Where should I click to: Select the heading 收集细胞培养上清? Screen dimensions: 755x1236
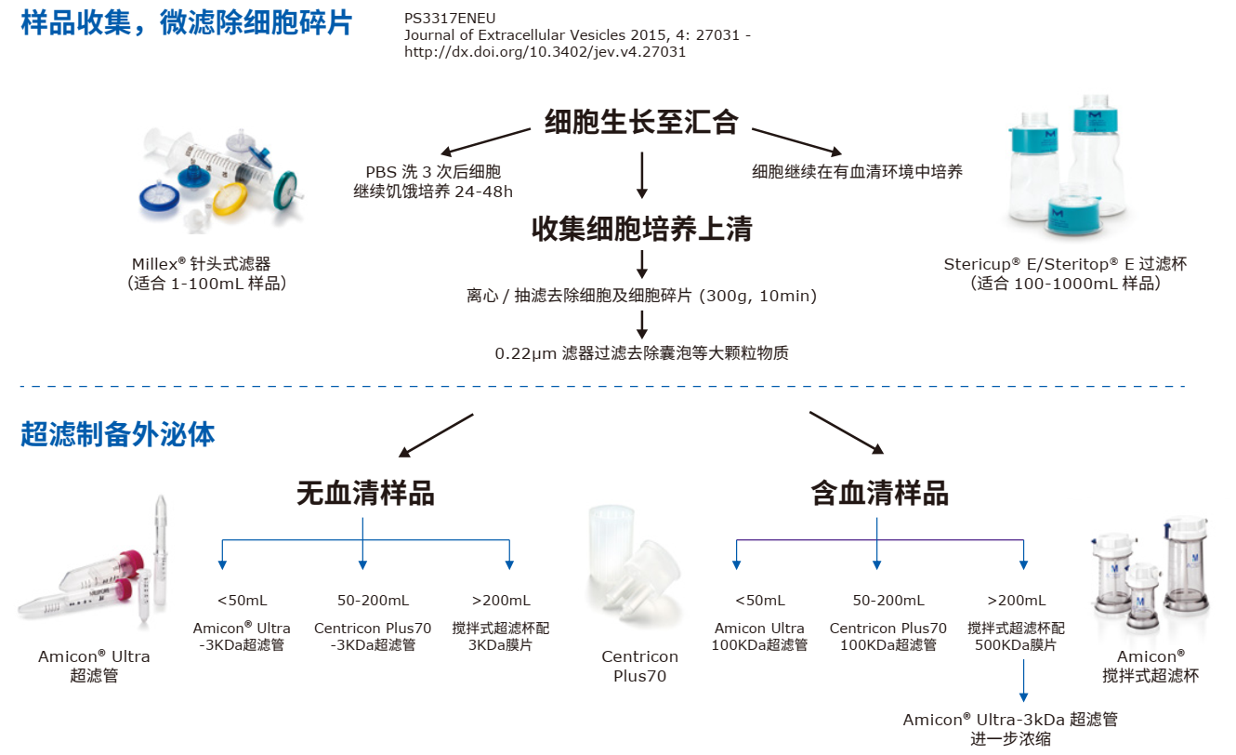[641, 230]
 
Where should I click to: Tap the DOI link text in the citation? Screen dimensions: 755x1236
[545, 52]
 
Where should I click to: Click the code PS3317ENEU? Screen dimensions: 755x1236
[450, 18]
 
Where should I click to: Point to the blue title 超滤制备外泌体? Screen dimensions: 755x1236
[118, 434]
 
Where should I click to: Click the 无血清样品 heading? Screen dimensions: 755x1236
[365, 494]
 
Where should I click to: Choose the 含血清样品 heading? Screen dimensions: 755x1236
[879, 494]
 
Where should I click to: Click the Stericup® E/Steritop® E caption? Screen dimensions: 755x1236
[1065, 264]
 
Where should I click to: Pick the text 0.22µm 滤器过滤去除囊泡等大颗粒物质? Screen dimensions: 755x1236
[641, 353]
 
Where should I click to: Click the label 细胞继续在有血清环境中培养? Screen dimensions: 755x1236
[857, 172]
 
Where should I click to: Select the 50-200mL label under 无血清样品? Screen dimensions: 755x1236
[365, 601]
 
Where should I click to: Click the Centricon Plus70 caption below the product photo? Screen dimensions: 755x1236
[639, 667]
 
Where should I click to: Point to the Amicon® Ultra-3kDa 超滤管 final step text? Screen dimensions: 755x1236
[1010, 720]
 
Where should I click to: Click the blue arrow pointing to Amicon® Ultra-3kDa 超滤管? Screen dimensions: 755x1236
[1023, 680]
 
